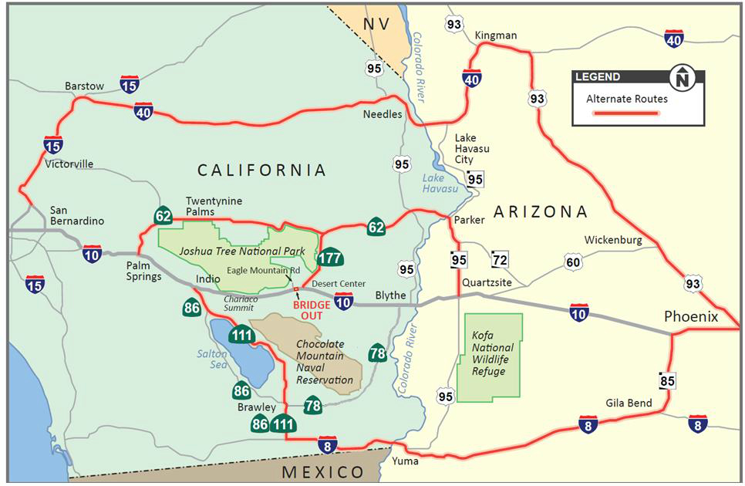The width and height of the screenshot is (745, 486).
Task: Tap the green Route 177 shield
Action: coord(330,258)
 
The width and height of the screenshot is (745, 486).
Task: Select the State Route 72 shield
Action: coord(500,259)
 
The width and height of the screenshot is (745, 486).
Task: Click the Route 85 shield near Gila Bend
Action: coord(667,380)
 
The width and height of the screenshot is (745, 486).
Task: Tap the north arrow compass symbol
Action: coord(682,78)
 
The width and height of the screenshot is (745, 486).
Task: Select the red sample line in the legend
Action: coord(625,113)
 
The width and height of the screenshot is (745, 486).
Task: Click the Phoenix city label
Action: coord(692,317)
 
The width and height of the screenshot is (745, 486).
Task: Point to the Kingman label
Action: coord(496,35)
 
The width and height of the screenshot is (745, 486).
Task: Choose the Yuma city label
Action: coord(405,461)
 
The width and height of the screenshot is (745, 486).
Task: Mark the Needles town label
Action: coord(383,114)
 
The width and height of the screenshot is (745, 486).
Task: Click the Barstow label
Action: coord(84,86)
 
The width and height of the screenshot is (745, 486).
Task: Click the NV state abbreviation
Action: coord(376,24)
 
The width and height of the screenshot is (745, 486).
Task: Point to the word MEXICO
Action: coord(322,472)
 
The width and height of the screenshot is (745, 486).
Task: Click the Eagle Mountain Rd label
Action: coord(263,271)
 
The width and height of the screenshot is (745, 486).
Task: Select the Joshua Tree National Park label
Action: coord(241,251)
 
